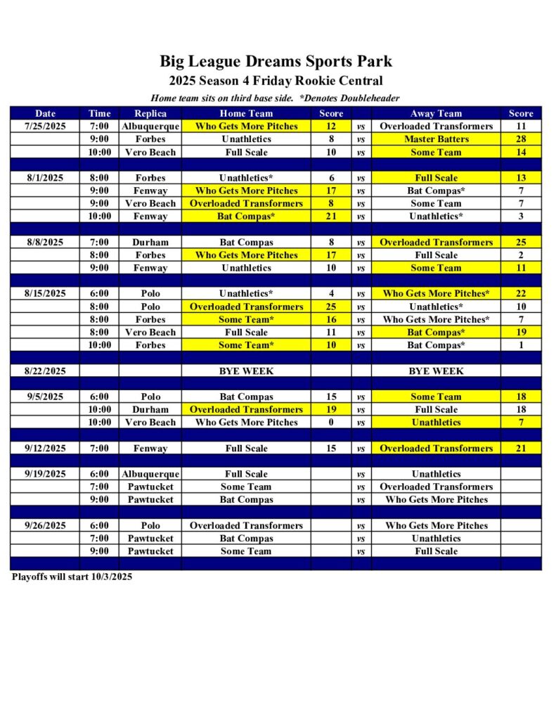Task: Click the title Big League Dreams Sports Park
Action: coord(276,61)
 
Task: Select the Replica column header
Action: coord(150,113)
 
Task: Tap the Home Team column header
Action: coord(246,113)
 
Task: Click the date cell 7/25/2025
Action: coord(45,127)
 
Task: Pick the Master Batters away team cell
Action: coord(436,139)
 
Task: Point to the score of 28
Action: coord(521,139)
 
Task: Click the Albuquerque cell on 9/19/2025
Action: coord(150,474)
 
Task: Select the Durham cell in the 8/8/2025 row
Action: coord(150,243)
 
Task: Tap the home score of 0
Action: coord(331,423)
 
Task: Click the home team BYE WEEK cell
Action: coord(246,371)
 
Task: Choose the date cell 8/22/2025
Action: coord(45,371)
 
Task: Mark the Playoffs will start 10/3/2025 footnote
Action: coord(72,577)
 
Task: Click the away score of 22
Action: coord(521,294)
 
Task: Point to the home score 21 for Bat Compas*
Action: coord(331,217)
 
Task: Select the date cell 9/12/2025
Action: coord(45,449)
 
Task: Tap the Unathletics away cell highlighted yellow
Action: coord(436,423)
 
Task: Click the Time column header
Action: coord(99,113)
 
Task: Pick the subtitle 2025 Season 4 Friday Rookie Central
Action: coord(276,81)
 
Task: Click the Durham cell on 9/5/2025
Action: coord(150,410)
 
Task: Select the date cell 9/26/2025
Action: coord(45,526)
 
